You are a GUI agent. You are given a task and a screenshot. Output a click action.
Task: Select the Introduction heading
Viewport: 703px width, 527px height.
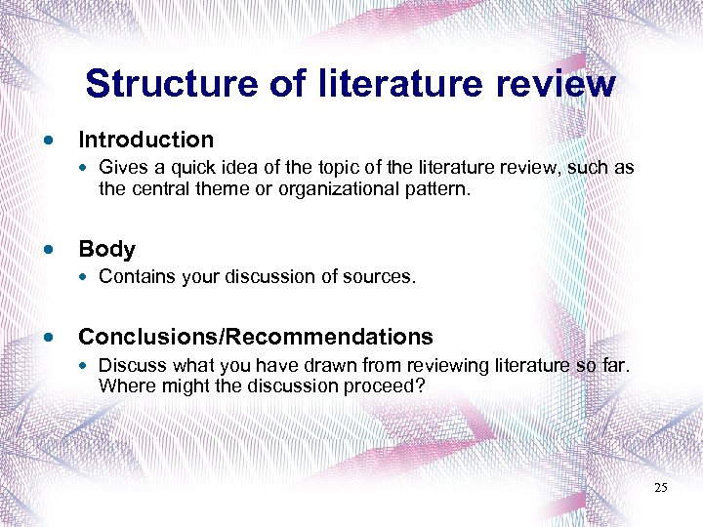click(145, 140)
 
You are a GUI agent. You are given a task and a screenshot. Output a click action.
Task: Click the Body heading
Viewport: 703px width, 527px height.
click(106, 249)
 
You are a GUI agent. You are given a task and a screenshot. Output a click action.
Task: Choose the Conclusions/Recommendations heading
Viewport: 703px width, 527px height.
click(255, 337)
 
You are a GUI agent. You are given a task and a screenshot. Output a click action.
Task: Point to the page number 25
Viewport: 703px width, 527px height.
click(661, 487)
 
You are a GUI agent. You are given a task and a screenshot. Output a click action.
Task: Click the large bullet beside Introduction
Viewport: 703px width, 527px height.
click(49, 141)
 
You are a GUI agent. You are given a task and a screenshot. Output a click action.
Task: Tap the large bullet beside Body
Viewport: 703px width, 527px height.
click(49, 250)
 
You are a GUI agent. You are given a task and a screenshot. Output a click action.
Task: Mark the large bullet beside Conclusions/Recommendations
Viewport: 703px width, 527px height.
click(49, 338)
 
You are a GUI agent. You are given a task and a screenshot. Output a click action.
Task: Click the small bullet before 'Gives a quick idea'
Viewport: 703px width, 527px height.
click(86, 169)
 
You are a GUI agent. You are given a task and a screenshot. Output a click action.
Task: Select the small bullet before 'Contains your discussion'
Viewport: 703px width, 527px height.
click(86, 278)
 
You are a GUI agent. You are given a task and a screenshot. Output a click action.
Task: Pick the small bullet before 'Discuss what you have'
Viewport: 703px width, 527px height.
click(86, 366)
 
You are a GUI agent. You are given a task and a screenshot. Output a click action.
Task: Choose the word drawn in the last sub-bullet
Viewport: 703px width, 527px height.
click(330, 365)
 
